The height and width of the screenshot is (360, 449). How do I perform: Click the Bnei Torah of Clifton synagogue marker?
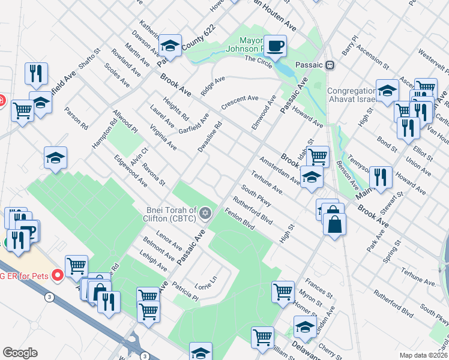click(205, 213)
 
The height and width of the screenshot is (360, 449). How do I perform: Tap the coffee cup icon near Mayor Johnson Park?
click(275, 46)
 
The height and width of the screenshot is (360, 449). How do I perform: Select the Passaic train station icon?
click(330, 65)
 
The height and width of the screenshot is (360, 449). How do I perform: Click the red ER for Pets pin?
click(58, 275)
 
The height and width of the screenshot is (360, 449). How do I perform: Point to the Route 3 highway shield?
click(47, 296)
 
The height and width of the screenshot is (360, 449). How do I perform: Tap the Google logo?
click(20, 353)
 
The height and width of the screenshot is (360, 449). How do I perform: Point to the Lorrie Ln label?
click(205, 279)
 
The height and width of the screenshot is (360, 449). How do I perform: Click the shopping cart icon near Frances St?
click(283, 292)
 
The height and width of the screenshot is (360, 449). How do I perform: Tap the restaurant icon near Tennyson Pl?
click(381, 177)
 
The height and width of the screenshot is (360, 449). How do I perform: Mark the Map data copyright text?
click(423, 355)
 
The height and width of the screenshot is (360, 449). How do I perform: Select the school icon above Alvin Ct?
click(55, 158)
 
